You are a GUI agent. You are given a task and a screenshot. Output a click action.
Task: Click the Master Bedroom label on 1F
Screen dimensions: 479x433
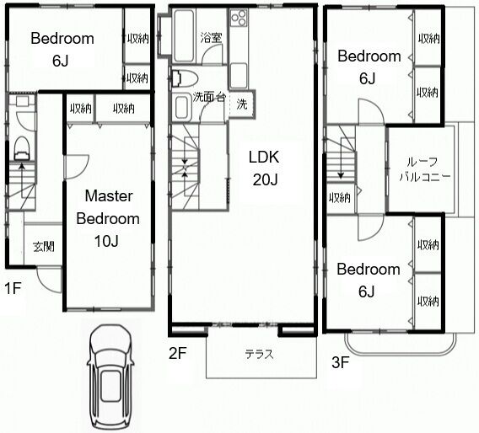tap(108, 218)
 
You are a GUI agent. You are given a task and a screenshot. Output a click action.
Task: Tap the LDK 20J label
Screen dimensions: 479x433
tap(264, 168)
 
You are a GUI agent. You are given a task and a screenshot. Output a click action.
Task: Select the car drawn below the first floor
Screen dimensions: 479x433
tap(110, 377)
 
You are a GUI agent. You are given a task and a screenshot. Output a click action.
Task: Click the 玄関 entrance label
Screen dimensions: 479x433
tap(44, 246)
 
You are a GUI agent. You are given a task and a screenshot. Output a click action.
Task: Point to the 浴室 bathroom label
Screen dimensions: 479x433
tap(211, 38)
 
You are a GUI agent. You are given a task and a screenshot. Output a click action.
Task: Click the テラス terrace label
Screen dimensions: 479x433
tap(260, 355)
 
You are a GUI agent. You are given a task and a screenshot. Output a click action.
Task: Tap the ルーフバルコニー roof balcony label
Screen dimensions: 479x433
tap(424, 169)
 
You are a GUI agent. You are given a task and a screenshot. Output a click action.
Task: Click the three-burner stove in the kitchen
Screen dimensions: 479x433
tap(239, 17)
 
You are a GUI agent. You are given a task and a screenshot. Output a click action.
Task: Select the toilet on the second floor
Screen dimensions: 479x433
tap(184, 78)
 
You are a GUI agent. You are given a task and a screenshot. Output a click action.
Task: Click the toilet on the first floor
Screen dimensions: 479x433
tap(22, 148)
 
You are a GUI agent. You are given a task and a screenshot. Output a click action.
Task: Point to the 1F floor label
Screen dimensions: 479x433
tap(13, 288)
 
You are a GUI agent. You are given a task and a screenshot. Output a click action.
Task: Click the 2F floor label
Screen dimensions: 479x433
tap(177, 353)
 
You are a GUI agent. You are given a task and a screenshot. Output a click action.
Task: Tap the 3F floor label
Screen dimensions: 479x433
tap(341, 362)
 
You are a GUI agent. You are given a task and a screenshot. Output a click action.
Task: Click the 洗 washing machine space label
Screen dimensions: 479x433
tap(242, 104)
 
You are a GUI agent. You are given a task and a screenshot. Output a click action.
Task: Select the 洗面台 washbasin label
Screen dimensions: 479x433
tap(209, 97)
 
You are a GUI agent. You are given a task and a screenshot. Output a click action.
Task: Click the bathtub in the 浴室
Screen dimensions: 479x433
tap(184, 35)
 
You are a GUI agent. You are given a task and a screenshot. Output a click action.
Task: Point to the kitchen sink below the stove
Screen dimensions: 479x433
tap(239, 76)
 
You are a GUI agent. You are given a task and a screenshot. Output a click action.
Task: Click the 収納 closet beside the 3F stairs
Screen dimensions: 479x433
tap(340, 198)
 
